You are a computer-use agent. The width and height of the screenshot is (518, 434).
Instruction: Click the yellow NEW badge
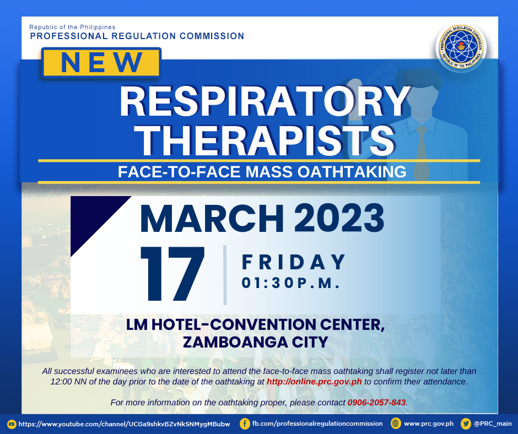[x=101, y=62]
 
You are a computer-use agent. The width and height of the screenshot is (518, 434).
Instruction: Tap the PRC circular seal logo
[x=461, y=47]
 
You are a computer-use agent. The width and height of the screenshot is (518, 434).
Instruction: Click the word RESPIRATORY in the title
[x=265, y=101]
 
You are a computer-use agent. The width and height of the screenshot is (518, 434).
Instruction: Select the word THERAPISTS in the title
[x=266, y=140]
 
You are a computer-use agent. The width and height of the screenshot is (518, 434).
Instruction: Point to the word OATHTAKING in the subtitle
[x=352, y=172]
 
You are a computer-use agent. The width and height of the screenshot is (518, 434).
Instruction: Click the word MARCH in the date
[x=212, y=218]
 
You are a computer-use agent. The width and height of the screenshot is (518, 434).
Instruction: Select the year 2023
[x=339, y=218]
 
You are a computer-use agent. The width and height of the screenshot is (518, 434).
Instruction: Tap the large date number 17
[x=172, y=274]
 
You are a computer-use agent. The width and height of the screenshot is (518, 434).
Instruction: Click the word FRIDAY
[x=294, y=262]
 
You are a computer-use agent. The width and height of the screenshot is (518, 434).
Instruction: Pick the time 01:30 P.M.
[x=291, y=283]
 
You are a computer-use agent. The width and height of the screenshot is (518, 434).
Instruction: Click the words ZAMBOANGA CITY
[x=256, y=342]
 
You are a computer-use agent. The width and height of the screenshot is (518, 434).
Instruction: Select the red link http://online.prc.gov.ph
[x=314, y=382]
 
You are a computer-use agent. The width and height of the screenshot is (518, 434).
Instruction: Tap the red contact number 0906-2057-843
[x=376, y=402]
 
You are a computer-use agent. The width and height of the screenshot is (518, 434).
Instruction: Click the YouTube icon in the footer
[x=12, y=424]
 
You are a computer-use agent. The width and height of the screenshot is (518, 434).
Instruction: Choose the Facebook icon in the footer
[x=245, y=424]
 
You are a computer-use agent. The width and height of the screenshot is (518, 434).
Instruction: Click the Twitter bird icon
[x=466, y=424]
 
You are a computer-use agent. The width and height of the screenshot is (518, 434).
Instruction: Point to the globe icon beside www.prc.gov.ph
[x=396, y=424]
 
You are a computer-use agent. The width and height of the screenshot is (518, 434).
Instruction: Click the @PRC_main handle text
[x=493, y=424]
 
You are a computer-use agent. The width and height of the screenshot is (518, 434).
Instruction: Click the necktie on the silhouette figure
[x=422, y=152]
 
